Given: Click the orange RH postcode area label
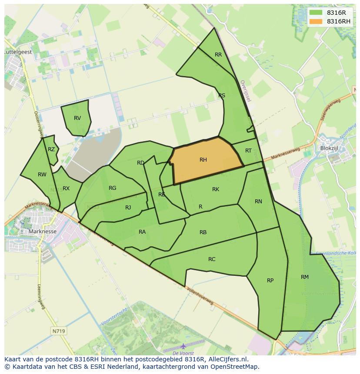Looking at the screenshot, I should coord(203,160).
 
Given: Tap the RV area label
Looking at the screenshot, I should coord(77,118).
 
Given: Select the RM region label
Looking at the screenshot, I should coord(304,277).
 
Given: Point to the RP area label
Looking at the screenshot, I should coord(270,280).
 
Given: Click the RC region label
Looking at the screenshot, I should coord(212,259).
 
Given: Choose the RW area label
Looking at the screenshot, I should coord(42,175).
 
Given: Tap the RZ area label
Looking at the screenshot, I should coord(51,149).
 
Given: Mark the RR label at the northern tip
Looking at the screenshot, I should coord(218,55).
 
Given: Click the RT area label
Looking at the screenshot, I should coord(248,151).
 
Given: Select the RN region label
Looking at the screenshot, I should coord(258,201).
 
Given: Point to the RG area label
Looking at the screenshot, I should coord(112,188).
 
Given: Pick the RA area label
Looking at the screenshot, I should coord(142,232).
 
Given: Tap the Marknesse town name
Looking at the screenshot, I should coord(42,232).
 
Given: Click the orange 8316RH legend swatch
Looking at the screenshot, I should coord(316,21).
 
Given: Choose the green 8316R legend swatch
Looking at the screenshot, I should coord(316,13).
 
